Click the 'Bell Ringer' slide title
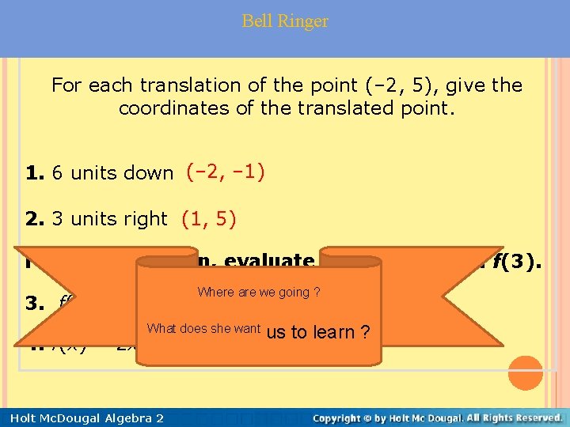[285, 21]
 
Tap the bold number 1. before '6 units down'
[36, 173]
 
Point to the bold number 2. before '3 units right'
[36, 219]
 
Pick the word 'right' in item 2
[146, 219]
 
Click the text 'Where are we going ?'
[259, 293]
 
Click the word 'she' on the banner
[212, 329]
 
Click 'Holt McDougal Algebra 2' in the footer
[82, 418]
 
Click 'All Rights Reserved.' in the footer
[507, 418]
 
